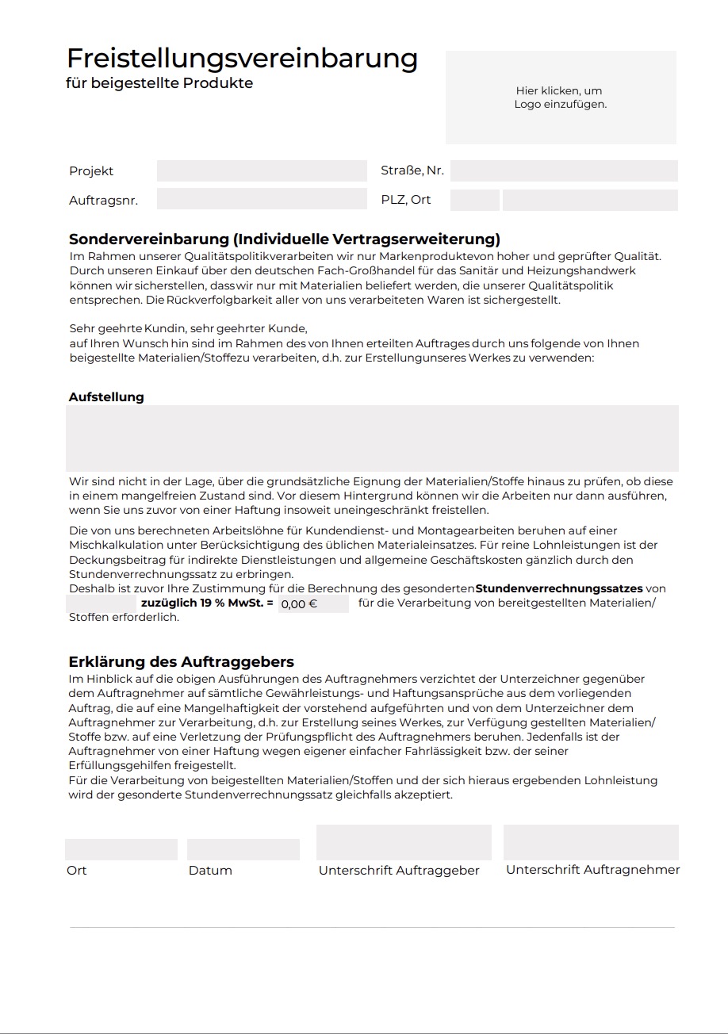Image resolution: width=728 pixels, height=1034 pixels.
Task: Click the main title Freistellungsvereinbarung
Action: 242,58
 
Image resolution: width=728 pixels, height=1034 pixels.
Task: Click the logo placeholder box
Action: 561,98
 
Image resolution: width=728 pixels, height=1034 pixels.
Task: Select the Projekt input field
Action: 262,171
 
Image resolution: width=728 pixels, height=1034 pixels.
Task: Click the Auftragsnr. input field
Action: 262,199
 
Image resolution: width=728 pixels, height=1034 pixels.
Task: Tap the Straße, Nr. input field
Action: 564,171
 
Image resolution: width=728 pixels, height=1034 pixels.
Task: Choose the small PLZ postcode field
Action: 475,200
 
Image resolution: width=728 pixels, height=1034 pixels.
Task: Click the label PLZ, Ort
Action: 406,200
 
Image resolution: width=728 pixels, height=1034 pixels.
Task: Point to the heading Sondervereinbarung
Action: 285,239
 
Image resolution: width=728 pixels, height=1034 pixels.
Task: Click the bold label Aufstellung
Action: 106,396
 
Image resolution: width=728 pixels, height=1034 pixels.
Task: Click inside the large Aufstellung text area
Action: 372,438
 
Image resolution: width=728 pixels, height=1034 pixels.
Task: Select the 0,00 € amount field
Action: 313,603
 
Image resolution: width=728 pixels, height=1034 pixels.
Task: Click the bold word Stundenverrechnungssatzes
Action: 558,588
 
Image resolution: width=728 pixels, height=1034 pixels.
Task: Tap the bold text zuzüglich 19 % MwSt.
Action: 207,603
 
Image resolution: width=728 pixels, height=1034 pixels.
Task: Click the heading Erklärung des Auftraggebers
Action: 182,661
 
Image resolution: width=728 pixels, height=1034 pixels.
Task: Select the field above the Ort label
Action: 121,849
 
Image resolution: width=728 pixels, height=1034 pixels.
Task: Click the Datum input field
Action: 243,849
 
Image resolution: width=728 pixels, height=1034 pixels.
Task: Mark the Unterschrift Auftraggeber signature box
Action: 404,842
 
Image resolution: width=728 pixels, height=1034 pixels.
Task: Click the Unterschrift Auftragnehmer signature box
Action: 591,842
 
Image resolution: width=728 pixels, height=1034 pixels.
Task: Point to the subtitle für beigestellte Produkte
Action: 159,83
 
